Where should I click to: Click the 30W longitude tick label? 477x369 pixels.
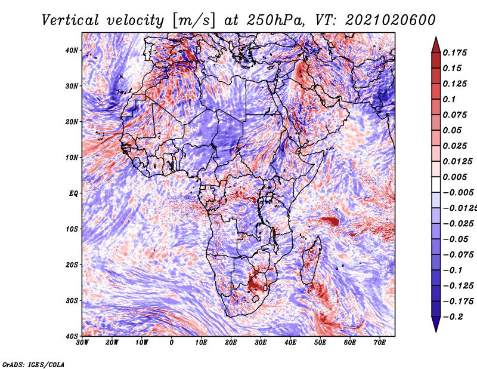coord(82,343)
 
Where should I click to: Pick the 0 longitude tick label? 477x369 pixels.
coord(172,343)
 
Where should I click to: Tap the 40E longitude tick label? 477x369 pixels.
coord(290,343)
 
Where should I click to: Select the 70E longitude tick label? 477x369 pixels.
coord(380,343)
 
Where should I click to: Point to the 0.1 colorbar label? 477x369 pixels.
coord(449,99)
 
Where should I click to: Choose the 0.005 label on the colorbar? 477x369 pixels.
coord(454,177)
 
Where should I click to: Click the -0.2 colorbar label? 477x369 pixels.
coord(451,316)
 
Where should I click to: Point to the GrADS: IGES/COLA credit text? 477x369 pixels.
coord(33,364)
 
